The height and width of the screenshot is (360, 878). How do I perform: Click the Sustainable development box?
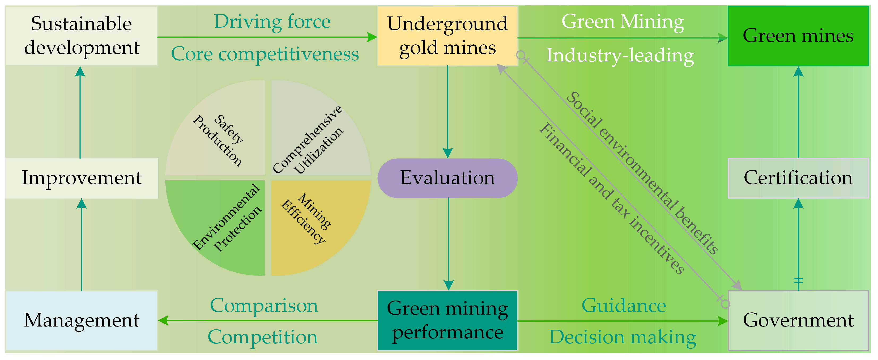(82, 36)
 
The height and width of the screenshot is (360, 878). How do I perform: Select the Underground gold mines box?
(447, 36)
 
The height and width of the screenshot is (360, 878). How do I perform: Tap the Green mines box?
(798, 36)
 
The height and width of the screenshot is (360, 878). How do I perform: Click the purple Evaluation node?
(447, 178)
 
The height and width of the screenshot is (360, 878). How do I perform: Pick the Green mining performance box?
(447, 320)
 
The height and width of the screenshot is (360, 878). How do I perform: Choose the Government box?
(798, 320)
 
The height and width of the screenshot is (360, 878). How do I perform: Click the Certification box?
(798, 178)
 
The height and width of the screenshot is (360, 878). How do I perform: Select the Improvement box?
(82, 178)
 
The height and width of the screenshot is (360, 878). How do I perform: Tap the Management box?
(82, 320)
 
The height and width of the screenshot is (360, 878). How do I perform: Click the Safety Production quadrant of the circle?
(221, 136)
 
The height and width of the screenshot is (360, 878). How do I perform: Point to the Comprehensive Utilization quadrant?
(314, 136)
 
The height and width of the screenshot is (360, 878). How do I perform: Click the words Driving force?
(272, 22)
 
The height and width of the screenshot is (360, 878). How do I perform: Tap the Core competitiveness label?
(265, 54)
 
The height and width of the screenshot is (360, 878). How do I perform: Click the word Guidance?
(624, 306)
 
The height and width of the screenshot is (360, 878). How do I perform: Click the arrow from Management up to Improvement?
(82, 245)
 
